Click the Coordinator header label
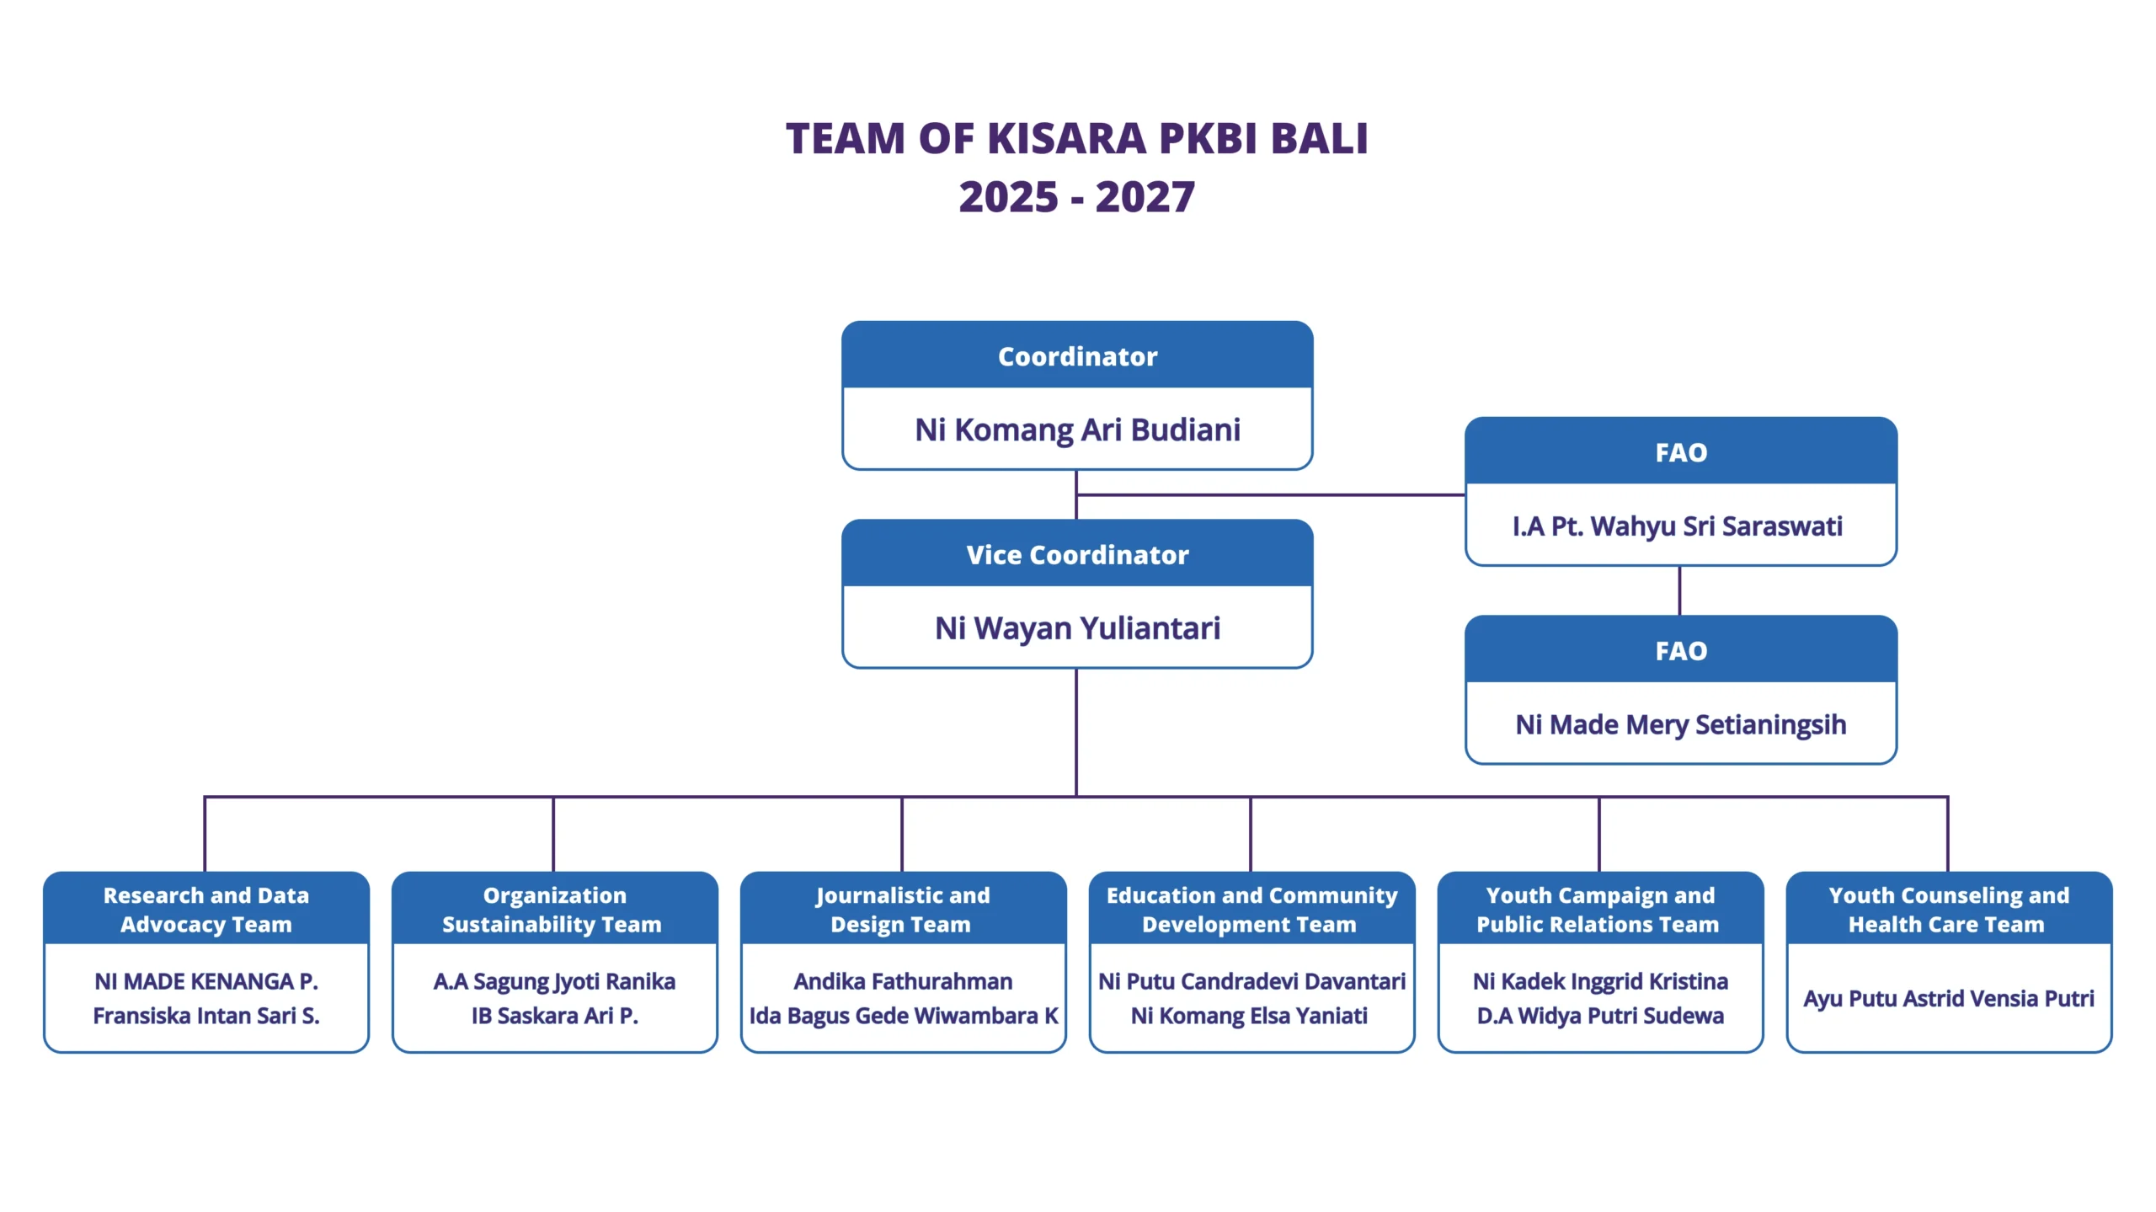[1077, 357]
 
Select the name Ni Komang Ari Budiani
[1077, 430]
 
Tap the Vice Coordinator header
[1077, 555]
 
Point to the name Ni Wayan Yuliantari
[1077, 628]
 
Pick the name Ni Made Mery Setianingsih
[1680, 725]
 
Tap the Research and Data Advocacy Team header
[206, 910]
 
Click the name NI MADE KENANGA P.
[206, 981]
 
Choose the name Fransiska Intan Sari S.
[206, 1016]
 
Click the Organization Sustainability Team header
[553, 910]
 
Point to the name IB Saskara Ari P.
[554, 1016]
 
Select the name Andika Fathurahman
[903, 981]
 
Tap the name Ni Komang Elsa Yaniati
[1249, 1016]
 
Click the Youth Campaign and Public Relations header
[1599, 910]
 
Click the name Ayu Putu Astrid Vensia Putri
[1948, 999]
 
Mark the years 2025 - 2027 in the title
[1076, 197]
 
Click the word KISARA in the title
[1066, 139]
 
